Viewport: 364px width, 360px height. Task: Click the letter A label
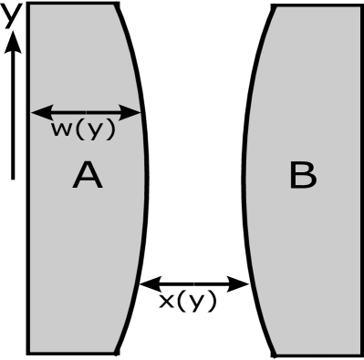88,175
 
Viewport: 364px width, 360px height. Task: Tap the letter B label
302,175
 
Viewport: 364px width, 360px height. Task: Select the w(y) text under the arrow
83,130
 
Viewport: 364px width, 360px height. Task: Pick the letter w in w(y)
61,130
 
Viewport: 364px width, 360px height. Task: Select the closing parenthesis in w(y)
110,130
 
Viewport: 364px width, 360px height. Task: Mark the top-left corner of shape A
31,5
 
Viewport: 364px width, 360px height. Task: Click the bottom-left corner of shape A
31,350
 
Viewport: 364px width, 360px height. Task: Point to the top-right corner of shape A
113,5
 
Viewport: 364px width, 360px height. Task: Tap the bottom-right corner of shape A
113,350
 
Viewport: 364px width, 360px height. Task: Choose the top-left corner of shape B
276,8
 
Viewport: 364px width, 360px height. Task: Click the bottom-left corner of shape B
276,353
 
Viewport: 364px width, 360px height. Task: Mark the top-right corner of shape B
359,8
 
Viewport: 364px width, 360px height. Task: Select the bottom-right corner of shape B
359,353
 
